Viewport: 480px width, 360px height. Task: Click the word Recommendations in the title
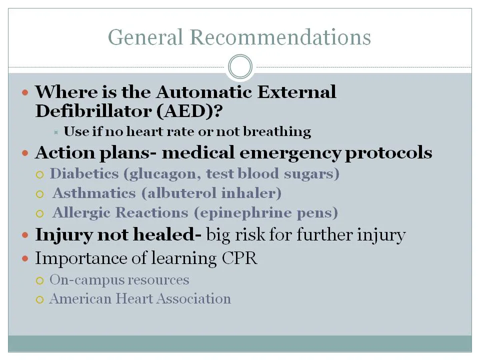[280, 37]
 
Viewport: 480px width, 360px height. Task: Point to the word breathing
[283, 132]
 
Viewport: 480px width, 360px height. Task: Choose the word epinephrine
[244, 213]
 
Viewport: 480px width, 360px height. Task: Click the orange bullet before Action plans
[26, 153]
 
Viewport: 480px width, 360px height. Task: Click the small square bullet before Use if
[56, 132]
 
